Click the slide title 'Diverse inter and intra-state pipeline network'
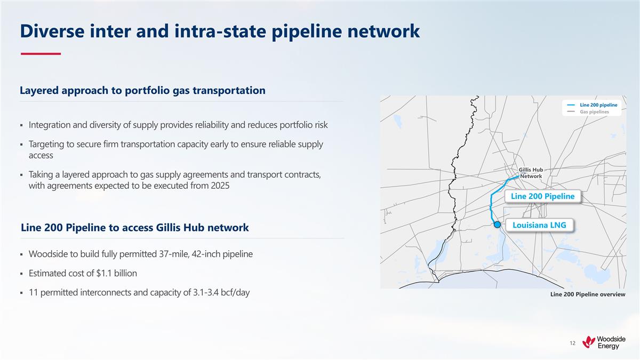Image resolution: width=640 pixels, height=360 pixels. click(220, 31)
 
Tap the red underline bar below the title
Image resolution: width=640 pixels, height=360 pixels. click(41, 54)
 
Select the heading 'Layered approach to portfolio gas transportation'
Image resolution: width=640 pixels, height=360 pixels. click(142, 90)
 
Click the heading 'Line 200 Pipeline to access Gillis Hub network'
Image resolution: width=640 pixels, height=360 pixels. click(134, 228)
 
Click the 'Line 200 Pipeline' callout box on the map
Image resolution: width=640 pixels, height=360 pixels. click(542, 196)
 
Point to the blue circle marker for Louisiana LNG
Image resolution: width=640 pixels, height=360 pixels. click(497, 225)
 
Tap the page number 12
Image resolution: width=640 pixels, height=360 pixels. click(572, 343)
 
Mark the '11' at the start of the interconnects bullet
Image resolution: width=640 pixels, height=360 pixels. click(34, 293)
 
